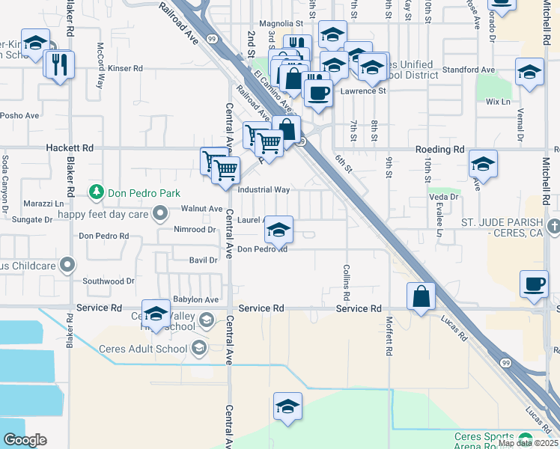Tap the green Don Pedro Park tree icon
click(x=96, y=192)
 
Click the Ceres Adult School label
click(x=143, y=349)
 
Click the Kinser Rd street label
click(x=125, y=68)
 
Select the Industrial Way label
click(x=264, y=190)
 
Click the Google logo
click(x=25, y=440)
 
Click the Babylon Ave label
click(x=195, y=299)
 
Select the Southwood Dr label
click(x=109, y=281)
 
